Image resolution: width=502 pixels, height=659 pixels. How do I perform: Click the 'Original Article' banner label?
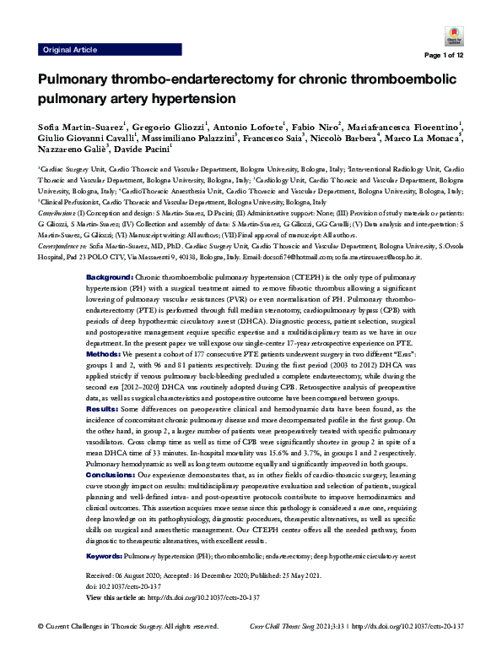[x=69, y=50]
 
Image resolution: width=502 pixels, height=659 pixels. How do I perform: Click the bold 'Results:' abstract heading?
[x=104, y=385]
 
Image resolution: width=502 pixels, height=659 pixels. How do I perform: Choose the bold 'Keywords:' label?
[x=105, y=533]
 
